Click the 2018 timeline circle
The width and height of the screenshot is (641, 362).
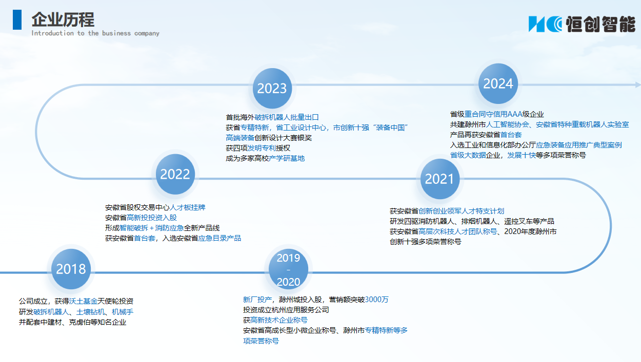click(x=71, y=269)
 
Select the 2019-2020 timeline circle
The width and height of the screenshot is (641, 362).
click(x=288, y=269)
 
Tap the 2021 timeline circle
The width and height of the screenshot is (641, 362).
click(x=440, y=179)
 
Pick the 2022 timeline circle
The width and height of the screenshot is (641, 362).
click(x=175, y=174)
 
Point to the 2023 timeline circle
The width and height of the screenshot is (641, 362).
click(x=272, y=88)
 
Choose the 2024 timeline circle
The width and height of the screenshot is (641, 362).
click(x=498, y=83)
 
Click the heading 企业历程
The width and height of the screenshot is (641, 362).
click(x=63, y=20)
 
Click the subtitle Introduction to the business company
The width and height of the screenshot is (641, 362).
click(x=95, y=33)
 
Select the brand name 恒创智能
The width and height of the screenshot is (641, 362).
click(x=600, y=24)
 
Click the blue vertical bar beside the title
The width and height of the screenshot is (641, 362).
click(x=17, y=20)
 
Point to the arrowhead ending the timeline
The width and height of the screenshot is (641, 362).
click(x=638, y=84)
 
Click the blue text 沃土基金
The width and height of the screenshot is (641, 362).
click(x=83, y=301)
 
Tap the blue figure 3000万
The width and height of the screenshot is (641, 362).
click(x=376, y=300)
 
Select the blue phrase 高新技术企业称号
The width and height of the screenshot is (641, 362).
click(x=279, y=320)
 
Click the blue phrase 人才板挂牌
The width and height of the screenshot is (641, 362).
click(x=188, y=207)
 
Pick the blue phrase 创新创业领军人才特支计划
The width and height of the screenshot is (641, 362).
click(x=462, y=211)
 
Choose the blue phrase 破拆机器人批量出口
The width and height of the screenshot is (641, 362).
click(x=287, y=117)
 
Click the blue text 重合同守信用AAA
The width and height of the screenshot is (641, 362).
click(x=493, y=114)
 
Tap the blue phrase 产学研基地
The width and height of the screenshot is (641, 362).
click(x=287, y=158)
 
